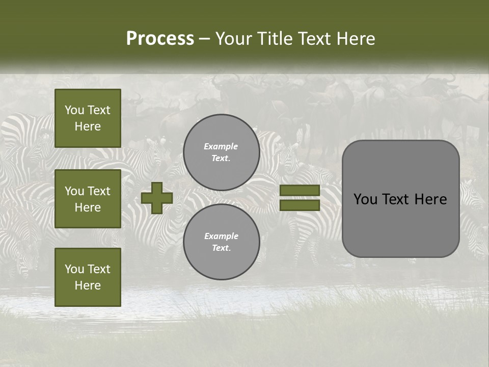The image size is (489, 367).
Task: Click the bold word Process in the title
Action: [160, 39]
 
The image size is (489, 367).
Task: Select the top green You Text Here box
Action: [88, 118]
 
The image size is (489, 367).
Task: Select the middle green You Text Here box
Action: [88, 199]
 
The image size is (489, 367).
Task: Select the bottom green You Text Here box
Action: [88, 277]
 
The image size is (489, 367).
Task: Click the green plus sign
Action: [157, 198]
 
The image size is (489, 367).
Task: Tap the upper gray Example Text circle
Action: [221, 152]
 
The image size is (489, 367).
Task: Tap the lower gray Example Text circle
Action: [221, 242]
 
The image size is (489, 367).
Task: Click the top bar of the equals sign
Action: [300, 190]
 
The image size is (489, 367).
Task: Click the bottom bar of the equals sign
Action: [300, 205]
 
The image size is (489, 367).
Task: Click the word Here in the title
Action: [355, 39]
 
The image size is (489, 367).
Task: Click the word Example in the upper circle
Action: [221, 146]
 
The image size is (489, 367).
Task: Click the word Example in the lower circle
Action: [221, 236]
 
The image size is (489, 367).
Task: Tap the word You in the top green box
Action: [74, 110]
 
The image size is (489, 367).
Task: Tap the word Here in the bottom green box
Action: [88, 285]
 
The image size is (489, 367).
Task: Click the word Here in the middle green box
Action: [88, 207]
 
